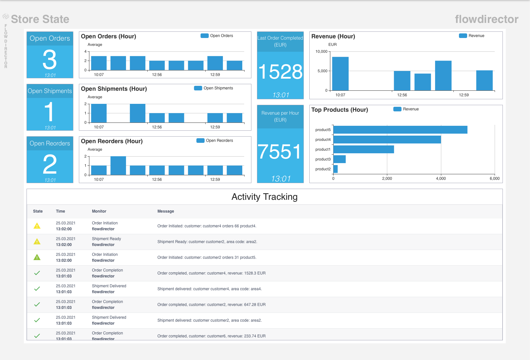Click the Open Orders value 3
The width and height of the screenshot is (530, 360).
coord(50,60)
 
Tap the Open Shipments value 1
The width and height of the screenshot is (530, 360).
coord(49,112)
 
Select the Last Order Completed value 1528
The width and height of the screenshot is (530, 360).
coord(280,72)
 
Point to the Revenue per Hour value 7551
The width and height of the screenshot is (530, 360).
coord(280,152)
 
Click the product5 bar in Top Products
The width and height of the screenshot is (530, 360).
coord(400,130)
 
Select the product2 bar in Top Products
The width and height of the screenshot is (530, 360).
coord(336,169)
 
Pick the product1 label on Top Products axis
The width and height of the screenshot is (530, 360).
coord(323,149)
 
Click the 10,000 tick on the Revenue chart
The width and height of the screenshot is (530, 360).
coord(321,51)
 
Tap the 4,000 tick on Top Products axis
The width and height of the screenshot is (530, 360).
coord(441,179)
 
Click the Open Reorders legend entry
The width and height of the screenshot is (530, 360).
coord(215,141)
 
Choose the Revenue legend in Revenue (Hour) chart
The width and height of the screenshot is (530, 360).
coord(472,36)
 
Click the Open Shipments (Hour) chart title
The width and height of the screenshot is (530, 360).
coord(114,89)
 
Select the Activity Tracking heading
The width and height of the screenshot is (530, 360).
coord(265,197)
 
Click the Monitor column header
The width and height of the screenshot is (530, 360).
coord(99,211)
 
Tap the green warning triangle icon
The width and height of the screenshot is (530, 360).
coord(37,257)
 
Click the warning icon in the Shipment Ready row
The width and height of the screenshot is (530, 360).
coord(37,242)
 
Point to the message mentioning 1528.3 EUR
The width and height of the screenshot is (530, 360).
coord(211,273)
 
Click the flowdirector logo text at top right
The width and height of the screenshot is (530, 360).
coord(486,19)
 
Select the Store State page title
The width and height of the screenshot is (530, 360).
coord(40,19)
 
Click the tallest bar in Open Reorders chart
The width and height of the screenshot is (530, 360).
coord(118,165)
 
